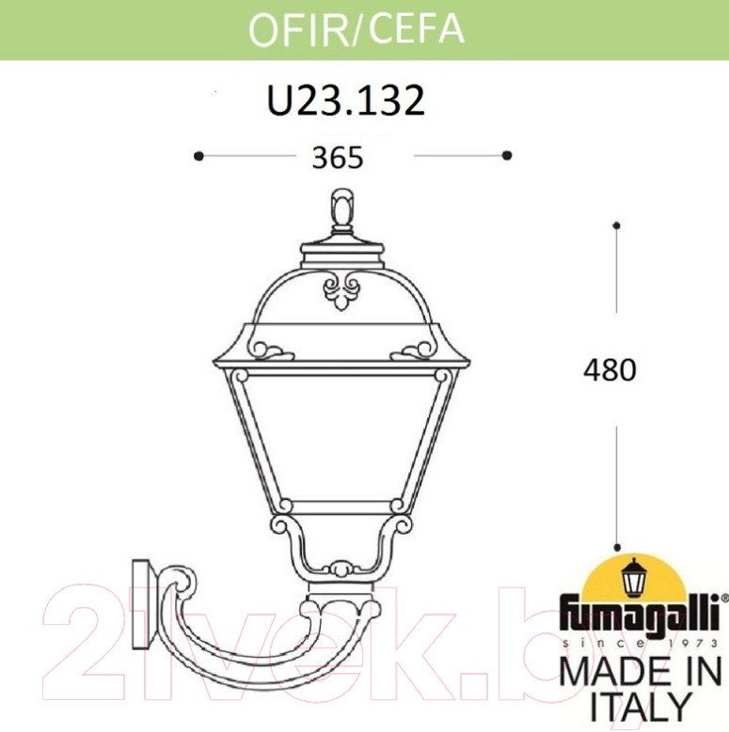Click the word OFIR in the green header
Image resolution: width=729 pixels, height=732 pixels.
point(298,29)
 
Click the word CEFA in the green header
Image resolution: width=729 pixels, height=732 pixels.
point(417,28)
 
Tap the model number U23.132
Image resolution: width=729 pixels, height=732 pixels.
point(346,101)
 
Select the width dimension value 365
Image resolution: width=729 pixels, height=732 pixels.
point(338,157)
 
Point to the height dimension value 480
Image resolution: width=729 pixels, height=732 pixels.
point(610,370)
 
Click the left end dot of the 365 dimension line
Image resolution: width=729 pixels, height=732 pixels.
point(198,155)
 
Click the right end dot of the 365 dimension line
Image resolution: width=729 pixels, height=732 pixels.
point(507,155)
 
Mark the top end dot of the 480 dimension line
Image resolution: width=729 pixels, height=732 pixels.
point(616,226)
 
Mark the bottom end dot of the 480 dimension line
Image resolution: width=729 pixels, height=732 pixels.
point(618,548)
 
